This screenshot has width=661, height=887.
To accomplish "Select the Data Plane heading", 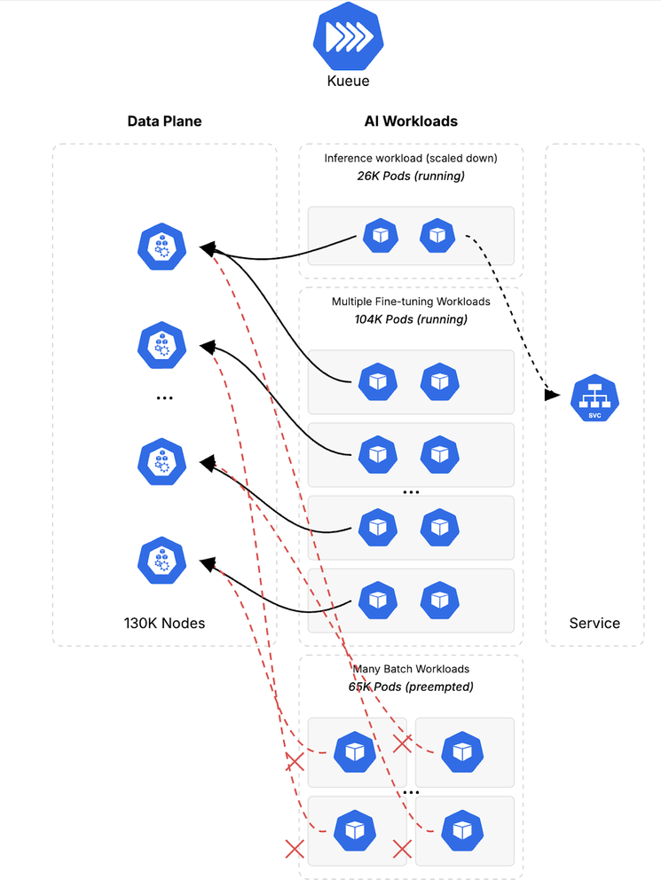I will [164, 121].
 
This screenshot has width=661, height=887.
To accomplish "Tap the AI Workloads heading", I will [411, 121].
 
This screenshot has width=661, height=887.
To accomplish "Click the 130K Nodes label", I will [164, 623].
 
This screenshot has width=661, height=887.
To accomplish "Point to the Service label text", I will [594, 623].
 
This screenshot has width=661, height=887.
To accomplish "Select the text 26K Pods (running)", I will [411, 176].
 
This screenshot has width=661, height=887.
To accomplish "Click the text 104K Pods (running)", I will [411, 319].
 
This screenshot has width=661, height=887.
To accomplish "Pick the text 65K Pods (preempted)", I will [411, 687].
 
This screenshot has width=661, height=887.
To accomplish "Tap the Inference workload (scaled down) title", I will [411, 159].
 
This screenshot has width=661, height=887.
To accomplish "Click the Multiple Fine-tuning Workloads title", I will [411, 302].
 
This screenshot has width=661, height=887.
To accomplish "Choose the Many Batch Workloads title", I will [411, 670].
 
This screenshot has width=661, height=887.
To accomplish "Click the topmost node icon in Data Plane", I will [162, 246].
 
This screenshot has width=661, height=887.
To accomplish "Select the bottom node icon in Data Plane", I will [162, 560].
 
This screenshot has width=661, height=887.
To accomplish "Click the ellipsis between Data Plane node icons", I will [164, 398].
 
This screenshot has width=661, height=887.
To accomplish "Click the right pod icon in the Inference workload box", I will [437, 236].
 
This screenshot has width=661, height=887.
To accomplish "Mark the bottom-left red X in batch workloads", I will [295, 849].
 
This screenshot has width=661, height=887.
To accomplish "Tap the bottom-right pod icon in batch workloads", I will [462, 829].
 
